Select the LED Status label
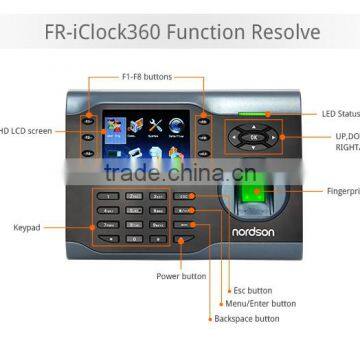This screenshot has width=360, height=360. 339,115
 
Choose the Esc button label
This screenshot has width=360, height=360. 249,289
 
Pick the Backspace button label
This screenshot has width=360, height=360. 246,319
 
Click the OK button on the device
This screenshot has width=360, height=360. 252,136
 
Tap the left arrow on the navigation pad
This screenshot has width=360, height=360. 234,136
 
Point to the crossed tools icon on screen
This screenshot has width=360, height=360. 154,126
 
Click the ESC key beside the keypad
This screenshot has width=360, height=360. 183,197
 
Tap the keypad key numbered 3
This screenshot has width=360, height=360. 158,197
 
